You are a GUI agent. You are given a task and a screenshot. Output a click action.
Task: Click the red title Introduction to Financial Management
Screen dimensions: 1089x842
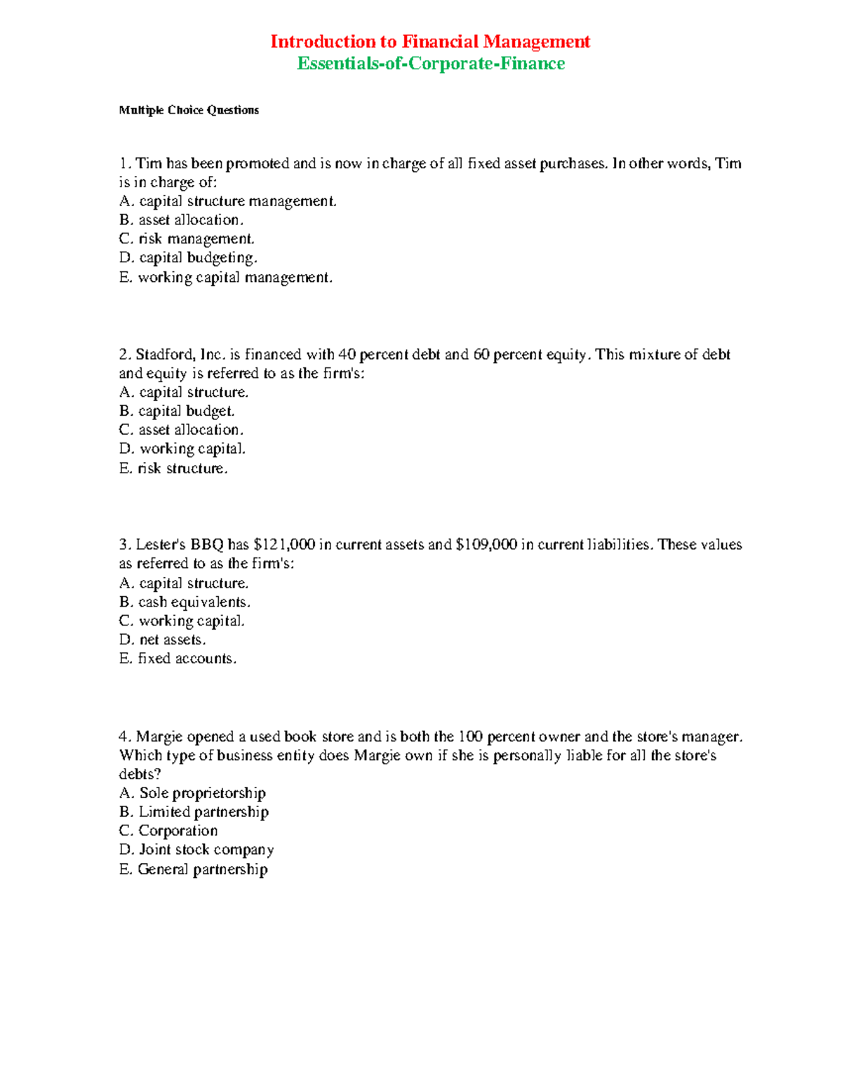430,42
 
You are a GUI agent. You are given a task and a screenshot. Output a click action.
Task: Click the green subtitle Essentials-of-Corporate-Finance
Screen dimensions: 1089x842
431,64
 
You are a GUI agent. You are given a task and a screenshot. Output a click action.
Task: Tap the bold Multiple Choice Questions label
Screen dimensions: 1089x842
189,110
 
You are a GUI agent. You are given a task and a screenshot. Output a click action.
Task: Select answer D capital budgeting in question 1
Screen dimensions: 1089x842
188,258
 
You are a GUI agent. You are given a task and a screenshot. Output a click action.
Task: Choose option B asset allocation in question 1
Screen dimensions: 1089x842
181,220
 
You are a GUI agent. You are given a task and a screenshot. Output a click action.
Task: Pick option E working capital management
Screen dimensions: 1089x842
225,278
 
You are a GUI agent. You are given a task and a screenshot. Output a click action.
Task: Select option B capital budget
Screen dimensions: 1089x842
177,411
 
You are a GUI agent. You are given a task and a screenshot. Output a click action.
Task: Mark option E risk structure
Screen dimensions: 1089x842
173,468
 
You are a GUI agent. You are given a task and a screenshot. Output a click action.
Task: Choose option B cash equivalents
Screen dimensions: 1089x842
185,602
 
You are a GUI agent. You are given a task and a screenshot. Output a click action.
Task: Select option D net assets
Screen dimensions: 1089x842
162,640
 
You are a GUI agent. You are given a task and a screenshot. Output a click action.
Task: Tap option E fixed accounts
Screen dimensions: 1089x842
178,658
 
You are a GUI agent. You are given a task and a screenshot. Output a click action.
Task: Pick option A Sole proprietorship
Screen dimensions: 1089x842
192,793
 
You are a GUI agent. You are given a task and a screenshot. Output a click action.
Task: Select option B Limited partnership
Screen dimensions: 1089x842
194,812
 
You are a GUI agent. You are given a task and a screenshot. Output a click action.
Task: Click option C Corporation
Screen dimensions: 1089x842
168,831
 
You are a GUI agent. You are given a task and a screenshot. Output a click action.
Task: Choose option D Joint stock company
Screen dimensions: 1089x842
196,850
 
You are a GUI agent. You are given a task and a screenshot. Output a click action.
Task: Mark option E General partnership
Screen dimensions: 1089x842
193,870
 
